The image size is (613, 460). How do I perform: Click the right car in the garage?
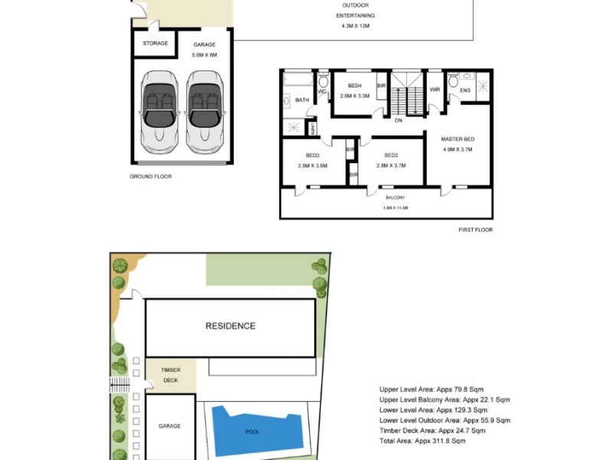tap(205, 109)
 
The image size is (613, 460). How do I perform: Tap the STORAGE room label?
tap(156, 44)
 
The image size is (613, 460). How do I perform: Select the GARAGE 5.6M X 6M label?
tap(204, 49)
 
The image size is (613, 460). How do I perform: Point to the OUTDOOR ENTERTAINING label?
tap(355, 15)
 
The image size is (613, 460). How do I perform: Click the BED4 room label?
tap(354, 90)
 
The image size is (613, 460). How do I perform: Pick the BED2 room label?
tap(391, 160)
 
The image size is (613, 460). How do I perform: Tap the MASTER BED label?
tap(457, 144)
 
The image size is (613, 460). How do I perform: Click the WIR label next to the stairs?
tap(434, 90)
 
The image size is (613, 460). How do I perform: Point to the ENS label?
tap(464, 90)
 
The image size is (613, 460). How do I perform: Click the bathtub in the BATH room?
tap(298, 79)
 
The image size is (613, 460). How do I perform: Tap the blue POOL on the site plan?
tap(252, 431)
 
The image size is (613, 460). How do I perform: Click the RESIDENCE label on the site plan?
tap(230, 326)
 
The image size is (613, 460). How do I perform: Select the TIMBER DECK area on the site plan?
tap(170, 375)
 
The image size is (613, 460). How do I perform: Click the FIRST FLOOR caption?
tap(476, 230)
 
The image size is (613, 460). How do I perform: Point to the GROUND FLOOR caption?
tap(151, 176)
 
